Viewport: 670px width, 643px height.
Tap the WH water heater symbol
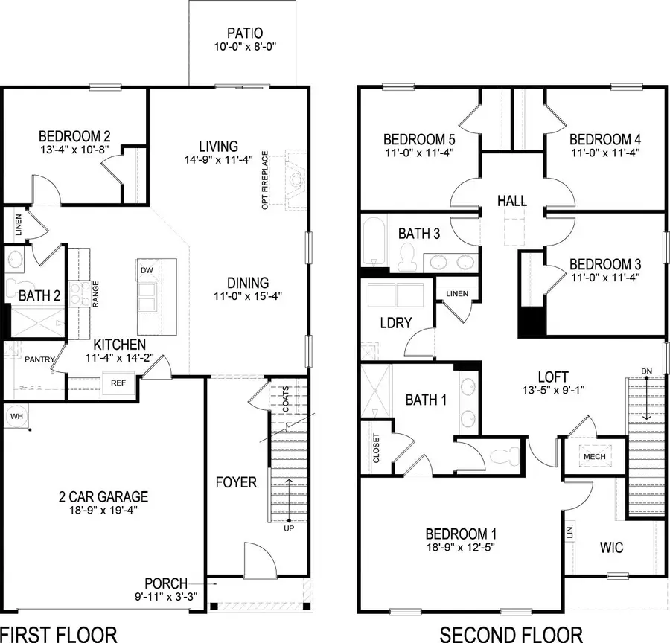[15, 415]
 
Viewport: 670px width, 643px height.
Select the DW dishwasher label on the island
[147, 270]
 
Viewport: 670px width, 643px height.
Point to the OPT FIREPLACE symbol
[296, 179]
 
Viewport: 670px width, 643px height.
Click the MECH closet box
[595, 456]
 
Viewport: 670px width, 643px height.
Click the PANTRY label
[39, 359]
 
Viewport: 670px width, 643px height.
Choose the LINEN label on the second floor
[457, 293]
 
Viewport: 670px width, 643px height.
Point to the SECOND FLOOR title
[510, 634]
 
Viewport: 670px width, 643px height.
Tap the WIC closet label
[611, 548]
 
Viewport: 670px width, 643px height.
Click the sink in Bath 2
[15, 260]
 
